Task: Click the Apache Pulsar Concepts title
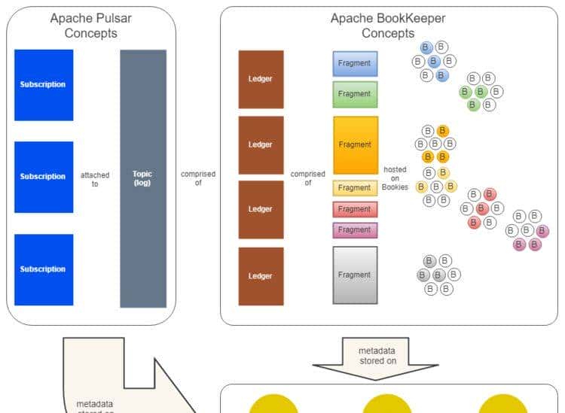[x=90, y=25]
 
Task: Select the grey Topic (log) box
[x=142, y=178]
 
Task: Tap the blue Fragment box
[x=355, y=64]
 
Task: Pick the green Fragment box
[x=355, y=94]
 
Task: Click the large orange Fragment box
[x=355, y=144]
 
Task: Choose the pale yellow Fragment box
[x=355, y=188]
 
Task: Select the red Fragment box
[x=355, y=209]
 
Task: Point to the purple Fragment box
[x=355, y=230]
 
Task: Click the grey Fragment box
[x=355, y=275]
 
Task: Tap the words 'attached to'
[x=95, y=179]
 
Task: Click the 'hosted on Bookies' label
[x=395, y=178]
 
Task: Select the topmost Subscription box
[x=44, y=85]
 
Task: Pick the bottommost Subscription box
[x=44, y=269]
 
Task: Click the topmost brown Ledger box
[x=261, y=79]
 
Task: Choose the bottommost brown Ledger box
[x=261, y=276]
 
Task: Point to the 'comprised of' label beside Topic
[x=197, y=178]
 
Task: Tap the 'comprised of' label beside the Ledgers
[x=307, y=178]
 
